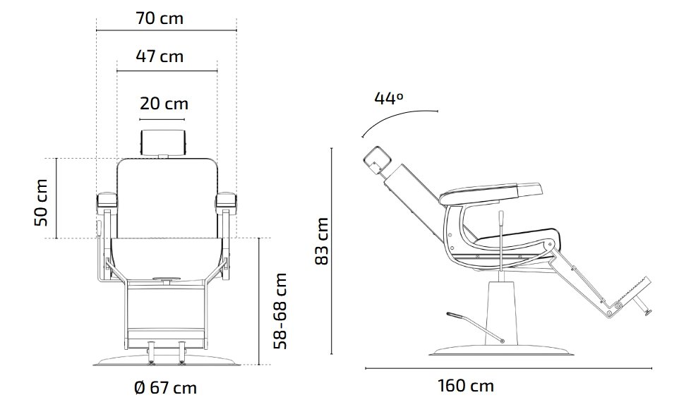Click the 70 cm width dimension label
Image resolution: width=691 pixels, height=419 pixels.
160,18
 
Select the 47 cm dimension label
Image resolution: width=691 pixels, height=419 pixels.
160,56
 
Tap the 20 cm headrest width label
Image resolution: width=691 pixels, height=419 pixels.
164,104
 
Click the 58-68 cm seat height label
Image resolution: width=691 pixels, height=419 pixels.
281,310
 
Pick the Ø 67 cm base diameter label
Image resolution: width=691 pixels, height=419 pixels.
164,388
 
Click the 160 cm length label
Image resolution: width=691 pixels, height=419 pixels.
466,386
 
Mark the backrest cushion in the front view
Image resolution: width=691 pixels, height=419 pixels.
166,198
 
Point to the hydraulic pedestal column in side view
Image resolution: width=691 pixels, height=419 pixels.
503,310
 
